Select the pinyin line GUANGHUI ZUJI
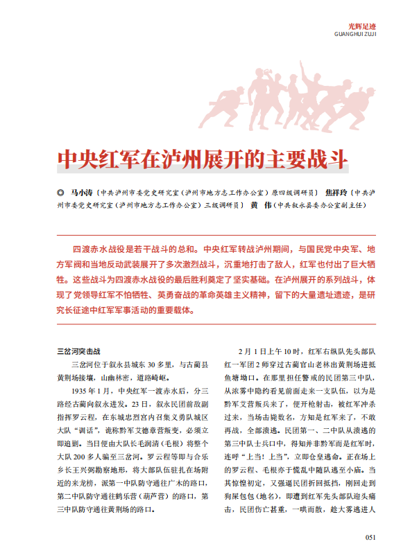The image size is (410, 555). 355,33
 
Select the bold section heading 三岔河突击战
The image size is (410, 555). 78,351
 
